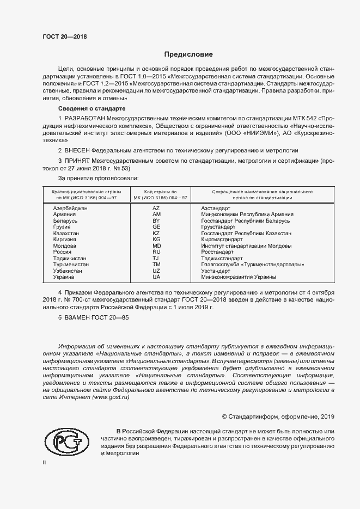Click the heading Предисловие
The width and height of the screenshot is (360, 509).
click(188, 54)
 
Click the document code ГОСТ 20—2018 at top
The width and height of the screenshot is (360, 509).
click(64, 37)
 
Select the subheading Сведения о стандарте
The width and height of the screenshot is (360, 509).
click(88, 109)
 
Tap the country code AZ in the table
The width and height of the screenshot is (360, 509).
click(156, 208)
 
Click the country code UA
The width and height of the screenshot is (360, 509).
click(156, 277)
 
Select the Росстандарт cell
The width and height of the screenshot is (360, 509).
click(217, 252)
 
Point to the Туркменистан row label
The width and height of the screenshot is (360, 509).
click(71, 265)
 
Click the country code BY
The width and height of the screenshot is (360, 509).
click(156, 221)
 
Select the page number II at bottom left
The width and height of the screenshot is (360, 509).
click(45, 462)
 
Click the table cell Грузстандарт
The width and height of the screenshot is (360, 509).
click(218, 227)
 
